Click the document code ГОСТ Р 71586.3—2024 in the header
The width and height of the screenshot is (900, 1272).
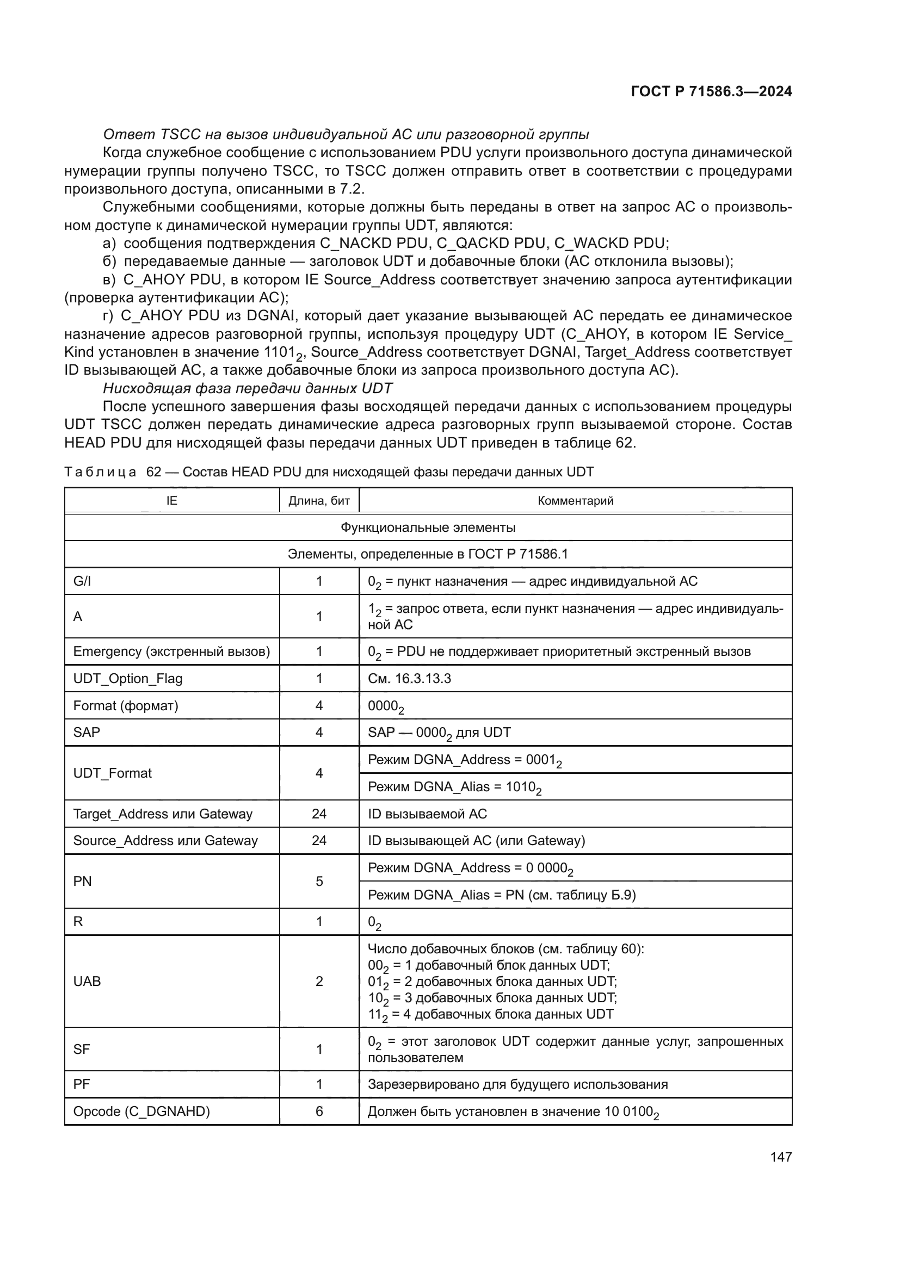711,91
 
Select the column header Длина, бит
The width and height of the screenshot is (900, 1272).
319,501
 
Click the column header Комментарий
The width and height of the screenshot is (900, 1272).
575,501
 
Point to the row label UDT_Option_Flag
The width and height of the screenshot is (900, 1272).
127,679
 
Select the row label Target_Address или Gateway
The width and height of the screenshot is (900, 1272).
162,814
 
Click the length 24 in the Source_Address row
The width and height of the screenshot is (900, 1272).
319,840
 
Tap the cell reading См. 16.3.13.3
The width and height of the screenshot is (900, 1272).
409,679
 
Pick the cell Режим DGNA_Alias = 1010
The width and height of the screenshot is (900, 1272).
454,787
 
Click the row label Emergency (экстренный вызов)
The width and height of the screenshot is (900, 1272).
171,651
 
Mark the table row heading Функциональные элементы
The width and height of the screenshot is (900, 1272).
427,528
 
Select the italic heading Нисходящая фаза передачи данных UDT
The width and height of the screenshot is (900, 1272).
247,388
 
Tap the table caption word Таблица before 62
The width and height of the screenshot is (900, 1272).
100,472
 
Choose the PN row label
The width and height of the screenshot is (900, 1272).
82,881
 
